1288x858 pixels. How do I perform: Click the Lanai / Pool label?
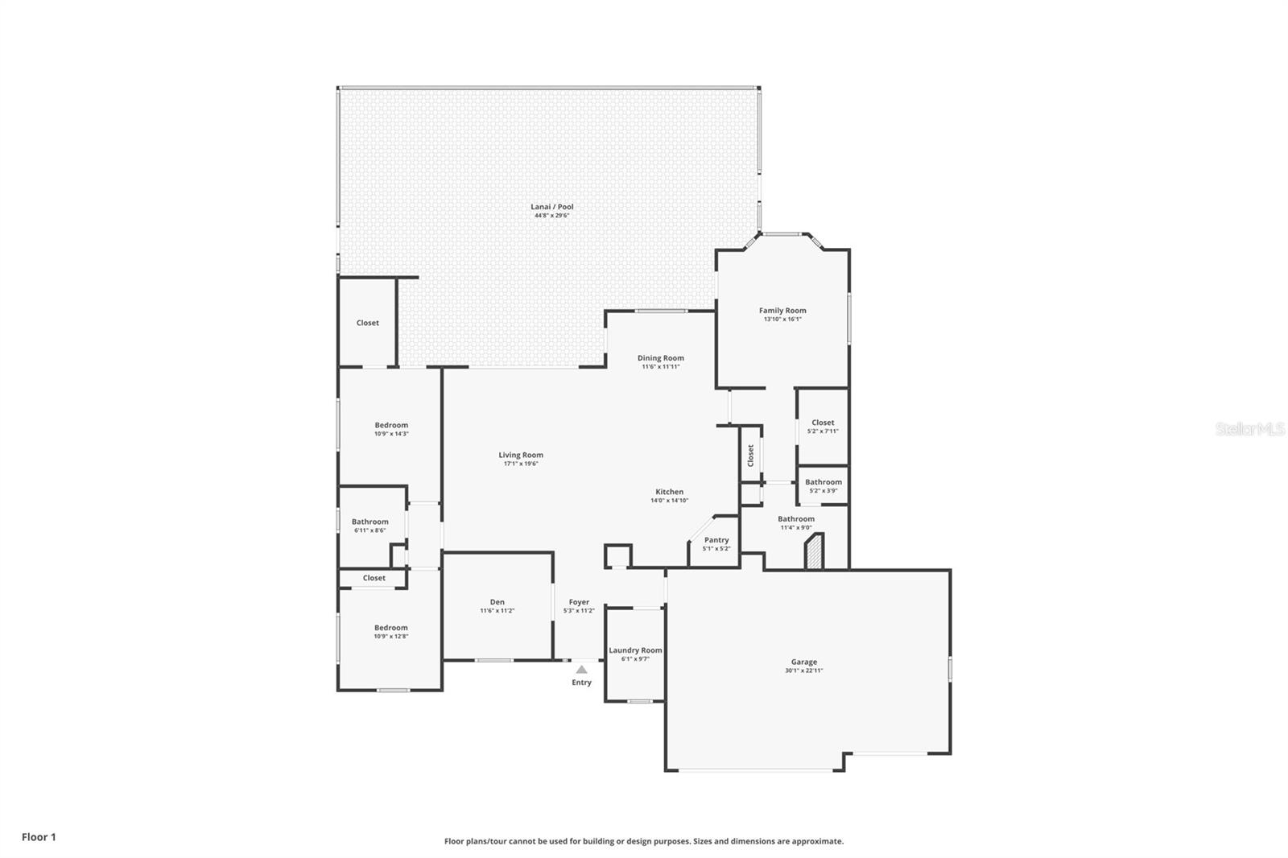click(552, 206)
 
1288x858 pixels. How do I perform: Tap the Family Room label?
click(782, 311)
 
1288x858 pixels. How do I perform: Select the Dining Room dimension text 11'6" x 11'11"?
click(661, 366)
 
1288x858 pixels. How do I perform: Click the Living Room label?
click(521, 455)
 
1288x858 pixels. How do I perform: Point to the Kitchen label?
click(669, 492)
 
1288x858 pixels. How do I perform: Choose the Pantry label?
click(716, 540)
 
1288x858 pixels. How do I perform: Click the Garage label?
click(804, 662)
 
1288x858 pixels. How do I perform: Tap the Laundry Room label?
click(635, 650)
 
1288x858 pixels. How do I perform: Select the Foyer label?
click(579, 602)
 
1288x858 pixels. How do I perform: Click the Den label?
click(497, 602)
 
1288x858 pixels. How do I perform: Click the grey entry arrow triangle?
click(582, 670)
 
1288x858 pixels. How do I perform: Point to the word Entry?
click(581, 682)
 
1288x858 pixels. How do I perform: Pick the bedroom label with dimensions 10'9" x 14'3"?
click(391, 425)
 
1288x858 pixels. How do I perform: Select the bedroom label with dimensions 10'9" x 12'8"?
click(391, 628)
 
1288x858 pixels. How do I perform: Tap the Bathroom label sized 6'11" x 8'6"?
click(370, 522)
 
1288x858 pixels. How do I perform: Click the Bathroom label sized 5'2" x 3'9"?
click(824, 482)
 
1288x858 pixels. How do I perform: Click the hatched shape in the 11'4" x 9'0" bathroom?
click(815, 552)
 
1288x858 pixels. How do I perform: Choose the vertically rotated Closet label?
click(750, 456)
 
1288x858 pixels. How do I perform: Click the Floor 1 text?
click(39, 837)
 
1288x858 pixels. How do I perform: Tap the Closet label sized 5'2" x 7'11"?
click(823, 422)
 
